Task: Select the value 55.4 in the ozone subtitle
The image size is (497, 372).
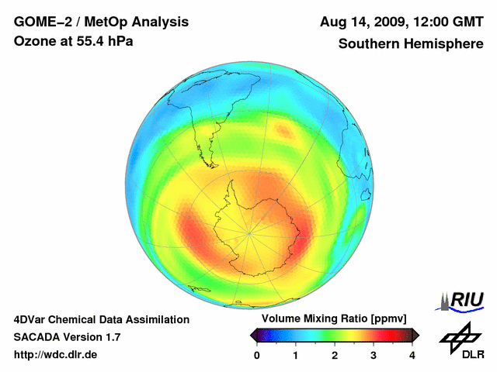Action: (92, 40)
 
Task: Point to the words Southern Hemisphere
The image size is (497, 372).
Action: (410, 43)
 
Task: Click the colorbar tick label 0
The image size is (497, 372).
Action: (257, 355)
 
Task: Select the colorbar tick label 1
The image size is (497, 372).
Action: (296, 355)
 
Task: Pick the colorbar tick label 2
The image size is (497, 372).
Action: (335, 355)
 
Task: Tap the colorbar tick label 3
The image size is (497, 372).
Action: (374, 355)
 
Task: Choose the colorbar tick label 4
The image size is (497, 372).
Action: (412, 355)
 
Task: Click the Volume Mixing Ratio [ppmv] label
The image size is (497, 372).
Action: (334, 319)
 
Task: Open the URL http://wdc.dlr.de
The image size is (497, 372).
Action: (56, 355)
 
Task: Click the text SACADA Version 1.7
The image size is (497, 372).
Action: (67, 337)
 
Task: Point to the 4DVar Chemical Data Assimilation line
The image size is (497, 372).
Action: (101, 319)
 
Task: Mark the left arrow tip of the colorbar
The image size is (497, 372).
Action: (252, 335)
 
